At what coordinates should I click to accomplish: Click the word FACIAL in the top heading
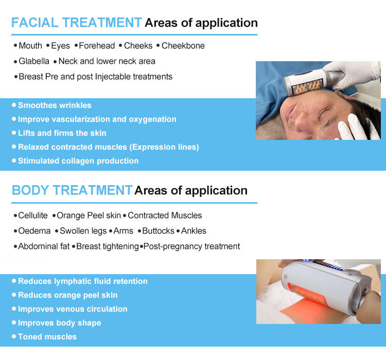click(34, 23)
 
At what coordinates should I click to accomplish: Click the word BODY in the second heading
click(30, 190)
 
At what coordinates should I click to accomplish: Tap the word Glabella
click(34, 61)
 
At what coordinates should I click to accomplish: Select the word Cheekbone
click(183, 46)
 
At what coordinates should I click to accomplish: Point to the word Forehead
click(97, 46)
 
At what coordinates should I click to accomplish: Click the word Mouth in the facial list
click(30, 46)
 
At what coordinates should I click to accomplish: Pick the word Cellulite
click(33, 215)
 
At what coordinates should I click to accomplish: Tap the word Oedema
click(34, 231)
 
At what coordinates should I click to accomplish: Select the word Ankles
click(194, 231)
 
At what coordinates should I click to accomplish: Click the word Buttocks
click(159, 231)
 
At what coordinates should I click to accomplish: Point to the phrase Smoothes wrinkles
click(55, 105)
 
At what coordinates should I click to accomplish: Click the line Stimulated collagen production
click(78, 161)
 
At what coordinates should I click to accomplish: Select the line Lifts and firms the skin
click(62, 133)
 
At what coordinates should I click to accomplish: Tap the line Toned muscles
click(47, 337)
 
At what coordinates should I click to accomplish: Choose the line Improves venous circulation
click(73, 309)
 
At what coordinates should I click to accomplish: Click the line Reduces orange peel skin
click(68, 295)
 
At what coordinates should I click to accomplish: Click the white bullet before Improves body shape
click(14, 322)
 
